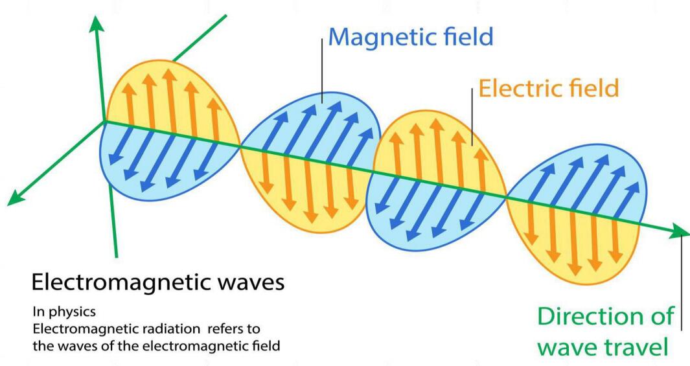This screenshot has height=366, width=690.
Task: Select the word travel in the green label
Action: coord(632,347)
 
